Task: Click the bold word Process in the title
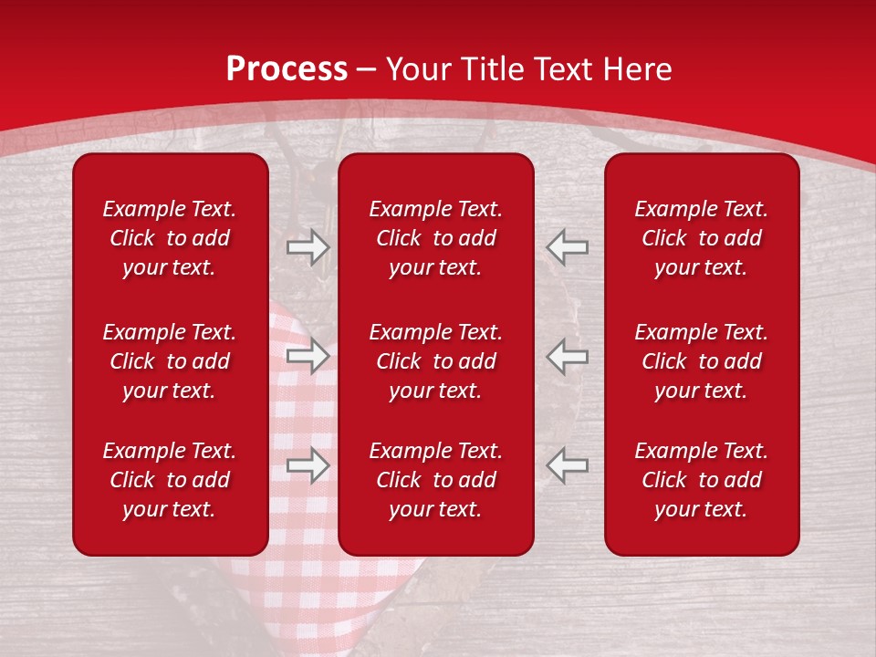tap(287, 69)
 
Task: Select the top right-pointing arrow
tap(308, 247)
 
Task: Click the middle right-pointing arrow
tap(308, 356)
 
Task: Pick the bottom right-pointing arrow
tap(308, 465)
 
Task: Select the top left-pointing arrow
tap(568, 247)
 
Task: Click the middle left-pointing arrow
tap(568, 356)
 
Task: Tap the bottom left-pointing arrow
tap(568, 465)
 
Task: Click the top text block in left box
tap(170, 238)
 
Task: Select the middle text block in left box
tap(170, 361)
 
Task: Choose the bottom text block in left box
tap(170, 480)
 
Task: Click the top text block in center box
tap(435, 238)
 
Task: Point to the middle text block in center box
tap(435, 361)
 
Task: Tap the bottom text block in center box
tap(435, 480)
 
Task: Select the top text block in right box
tap(701, 238)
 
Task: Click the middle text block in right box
tap(701, 361)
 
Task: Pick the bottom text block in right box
tap(701, 480)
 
